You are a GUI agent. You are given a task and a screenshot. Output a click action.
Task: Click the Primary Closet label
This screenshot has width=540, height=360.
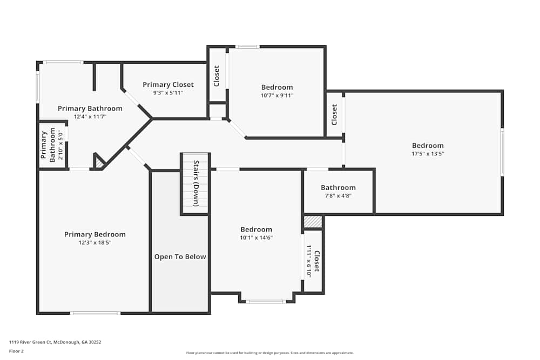tap(168, 85)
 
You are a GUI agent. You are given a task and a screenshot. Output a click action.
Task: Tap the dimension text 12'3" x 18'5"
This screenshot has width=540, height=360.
tap(94, 243)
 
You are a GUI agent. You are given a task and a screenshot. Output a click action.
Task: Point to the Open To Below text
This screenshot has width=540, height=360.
tap(180, 257)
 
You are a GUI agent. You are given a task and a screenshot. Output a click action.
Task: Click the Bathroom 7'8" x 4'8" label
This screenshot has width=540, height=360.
tap(338, 188)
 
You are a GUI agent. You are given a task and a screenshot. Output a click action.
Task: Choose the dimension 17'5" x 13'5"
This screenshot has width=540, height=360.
tap(428, 154)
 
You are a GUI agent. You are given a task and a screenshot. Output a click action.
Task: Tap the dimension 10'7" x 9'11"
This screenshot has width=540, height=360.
tap(277, 96)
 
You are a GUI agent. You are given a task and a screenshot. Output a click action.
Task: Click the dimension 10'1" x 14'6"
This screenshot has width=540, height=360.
tap(256, 237)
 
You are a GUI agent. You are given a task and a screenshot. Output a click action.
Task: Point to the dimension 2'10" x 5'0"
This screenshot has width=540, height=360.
tap(60, 145)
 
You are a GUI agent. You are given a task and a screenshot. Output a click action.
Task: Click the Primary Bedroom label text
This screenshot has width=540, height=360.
tap(94, 234)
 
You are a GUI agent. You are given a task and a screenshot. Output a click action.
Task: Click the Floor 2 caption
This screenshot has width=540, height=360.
tap(16, 351)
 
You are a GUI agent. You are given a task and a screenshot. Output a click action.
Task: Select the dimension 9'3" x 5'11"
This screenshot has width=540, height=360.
tap(168, 93)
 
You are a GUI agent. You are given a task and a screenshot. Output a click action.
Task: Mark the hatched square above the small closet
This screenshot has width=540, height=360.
tap(313, 222)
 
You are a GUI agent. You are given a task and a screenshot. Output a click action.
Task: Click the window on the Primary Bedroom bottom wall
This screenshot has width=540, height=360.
tap(95, 313)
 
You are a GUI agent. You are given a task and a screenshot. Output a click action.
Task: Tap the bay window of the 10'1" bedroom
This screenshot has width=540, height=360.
tap(266, 301)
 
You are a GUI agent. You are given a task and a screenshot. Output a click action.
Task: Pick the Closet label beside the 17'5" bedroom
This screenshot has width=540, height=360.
tap(334, 114)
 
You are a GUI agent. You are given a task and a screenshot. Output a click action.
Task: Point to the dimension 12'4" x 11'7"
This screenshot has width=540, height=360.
tap(90, 117)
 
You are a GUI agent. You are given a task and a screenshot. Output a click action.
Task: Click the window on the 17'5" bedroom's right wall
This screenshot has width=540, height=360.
tap(502, 152)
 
